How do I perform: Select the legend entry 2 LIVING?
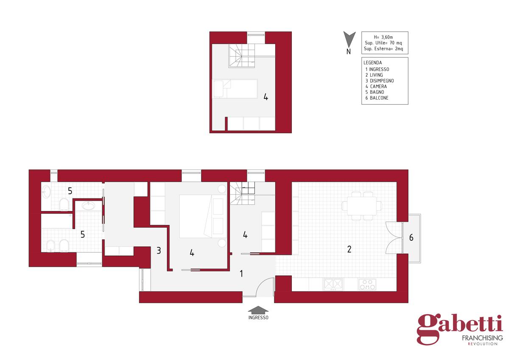tap(374, 75)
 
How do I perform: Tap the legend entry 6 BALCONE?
tap(377, 98)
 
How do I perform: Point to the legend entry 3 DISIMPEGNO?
tap(380, 81)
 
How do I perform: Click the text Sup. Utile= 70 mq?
tap(383, 43)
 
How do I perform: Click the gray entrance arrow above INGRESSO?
tap(258, 310)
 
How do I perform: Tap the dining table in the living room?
tap(362, 206)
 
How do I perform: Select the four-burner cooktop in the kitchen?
tap(367, 285)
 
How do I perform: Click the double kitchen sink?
tap(333, 285)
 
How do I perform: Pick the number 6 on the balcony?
tap(411, 237)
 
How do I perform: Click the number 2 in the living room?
tap(349, 249)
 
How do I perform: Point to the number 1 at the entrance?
tap(241, 273)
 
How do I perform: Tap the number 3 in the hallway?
tap(159, 251)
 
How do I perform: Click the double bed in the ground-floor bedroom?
tap(203, 216)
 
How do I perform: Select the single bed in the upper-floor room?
tap(235, 89)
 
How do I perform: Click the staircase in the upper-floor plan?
tap(242, 56)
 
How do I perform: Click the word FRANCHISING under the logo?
tap(482, 338)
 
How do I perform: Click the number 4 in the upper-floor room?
tap(266, 97)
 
